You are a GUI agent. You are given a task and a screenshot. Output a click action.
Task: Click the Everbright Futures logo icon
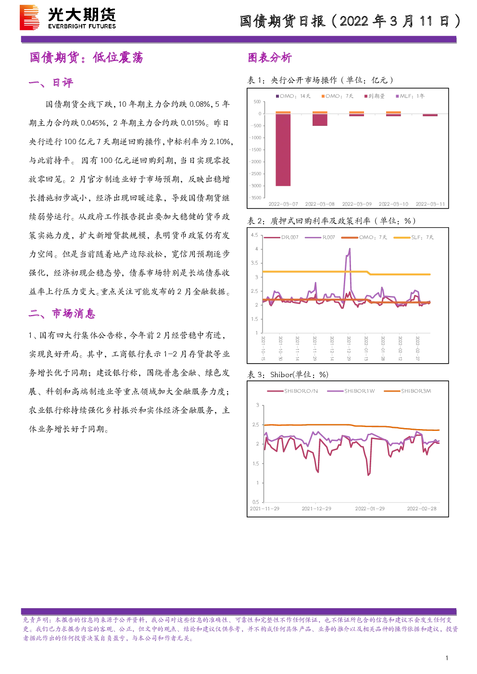29,17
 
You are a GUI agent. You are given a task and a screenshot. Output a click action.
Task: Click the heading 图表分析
270,58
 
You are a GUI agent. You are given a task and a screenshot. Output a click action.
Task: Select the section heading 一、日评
51,83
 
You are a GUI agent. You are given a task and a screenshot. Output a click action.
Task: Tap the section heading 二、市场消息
62,314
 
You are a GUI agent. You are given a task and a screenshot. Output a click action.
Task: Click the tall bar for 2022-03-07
283,149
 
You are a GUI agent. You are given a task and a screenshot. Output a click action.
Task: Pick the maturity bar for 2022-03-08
320,120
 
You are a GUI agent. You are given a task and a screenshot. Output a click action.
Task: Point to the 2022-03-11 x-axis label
430,204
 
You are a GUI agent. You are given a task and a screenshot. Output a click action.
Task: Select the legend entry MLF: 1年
410,96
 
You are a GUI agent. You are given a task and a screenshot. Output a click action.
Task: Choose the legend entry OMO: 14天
293,96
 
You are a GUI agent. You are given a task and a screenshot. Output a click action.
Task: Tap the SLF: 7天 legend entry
414,237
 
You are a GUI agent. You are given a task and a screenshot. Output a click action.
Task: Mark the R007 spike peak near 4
350,248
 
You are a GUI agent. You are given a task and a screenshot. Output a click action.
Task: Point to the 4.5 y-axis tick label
254,235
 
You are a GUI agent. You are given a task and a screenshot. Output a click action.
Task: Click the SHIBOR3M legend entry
407,391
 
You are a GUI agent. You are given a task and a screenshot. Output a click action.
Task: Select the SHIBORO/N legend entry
292,391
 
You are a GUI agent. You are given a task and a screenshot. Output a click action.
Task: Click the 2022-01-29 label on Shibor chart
370,509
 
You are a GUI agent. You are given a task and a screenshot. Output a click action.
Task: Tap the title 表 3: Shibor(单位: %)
288,375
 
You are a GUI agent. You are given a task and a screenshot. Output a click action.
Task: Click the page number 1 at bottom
447,658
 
